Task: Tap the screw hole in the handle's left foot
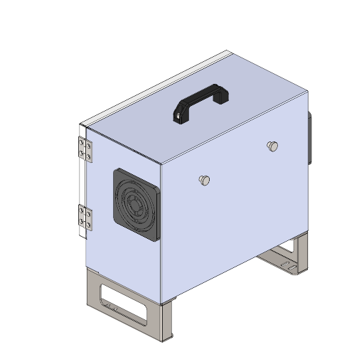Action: point(177,115)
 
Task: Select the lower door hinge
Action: point(85,218)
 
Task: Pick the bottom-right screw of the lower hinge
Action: point(89,227)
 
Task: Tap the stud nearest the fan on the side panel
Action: point(204,180)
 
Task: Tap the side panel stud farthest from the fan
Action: point(272,146)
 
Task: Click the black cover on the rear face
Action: point(310,137)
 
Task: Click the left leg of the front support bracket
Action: point(92,289)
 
